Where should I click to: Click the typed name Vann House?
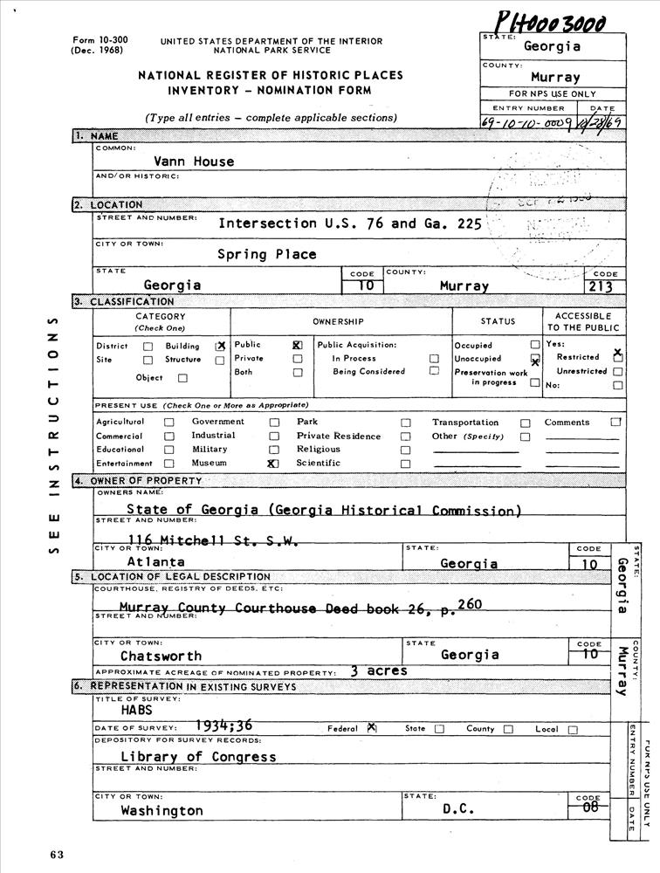coord(194,161)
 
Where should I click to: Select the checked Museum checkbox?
coord(272,464)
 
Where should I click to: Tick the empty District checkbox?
coord(148,347)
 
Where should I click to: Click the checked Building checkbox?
coord(220,347)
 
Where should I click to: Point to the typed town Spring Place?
coord(267,255)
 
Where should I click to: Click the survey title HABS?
coord(137,711)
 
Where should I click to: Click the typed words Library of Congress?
coord(198,756)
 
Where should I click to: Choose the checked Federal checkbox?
coord(371,728)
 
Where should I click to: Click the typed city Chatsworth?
coord(161,656)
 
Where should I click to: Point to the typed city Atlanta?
coord(155,562)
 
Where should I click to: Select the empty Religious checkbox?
coord(405,450)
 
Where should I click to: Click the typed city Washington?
coord(162,810)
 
